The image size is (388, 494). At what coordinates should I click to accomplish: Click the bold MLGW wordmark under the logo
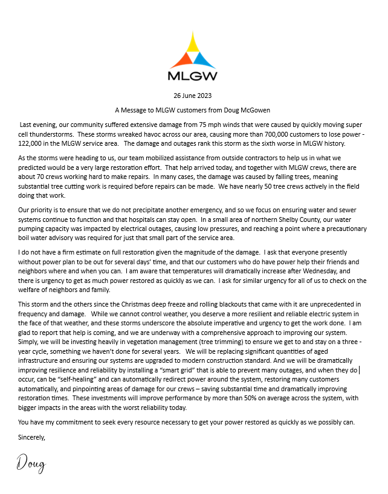tap(192, 76)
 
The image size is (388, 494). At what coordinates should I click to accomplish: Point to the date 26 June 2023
tap(192, 96)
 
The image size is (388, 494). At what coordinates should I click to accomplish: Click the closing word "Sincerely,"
tap(32, 437)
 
